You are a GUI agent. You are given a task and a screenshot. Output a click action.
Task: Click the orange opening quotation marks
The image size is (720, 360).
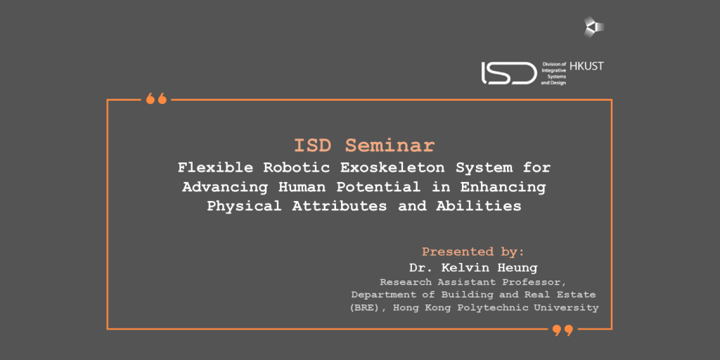pyautogui.click(x=156, y=98)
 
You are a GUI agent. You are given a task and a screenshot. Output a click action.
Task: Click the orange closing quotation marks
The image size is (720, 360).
pyautogui.click(x=562, y=330)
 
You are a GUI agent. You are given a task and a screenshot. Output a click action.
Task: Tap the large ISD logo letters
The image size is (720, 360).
pyautogui.click(x=509, y=73)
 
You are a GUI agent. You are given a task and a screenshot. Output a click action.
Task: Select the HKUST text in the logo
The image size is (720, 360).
pyautogui.click(x=586, y=66)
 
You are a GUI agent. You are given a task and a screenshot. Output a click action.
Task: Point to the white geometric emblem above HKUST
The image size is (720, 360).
pyautogui.click(x=593, y=27)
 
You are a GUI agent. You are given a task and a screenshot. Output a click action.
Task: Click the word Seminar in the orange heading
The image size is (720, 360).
pyautogui.click(x=390, y=146)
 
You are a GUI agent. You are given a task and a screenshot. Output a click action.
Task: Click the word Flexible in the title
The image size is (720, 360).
pyautogui.click(x=215, y=167)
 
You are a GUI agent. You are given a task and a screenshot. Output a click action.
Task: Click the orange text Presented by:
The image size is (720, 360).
pyautogui.click(x=473, y=252)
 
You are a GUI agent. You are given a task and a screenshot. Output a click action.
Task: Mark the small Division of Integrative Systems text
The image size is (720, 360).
pyautogui.click(x=554, y=73)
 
